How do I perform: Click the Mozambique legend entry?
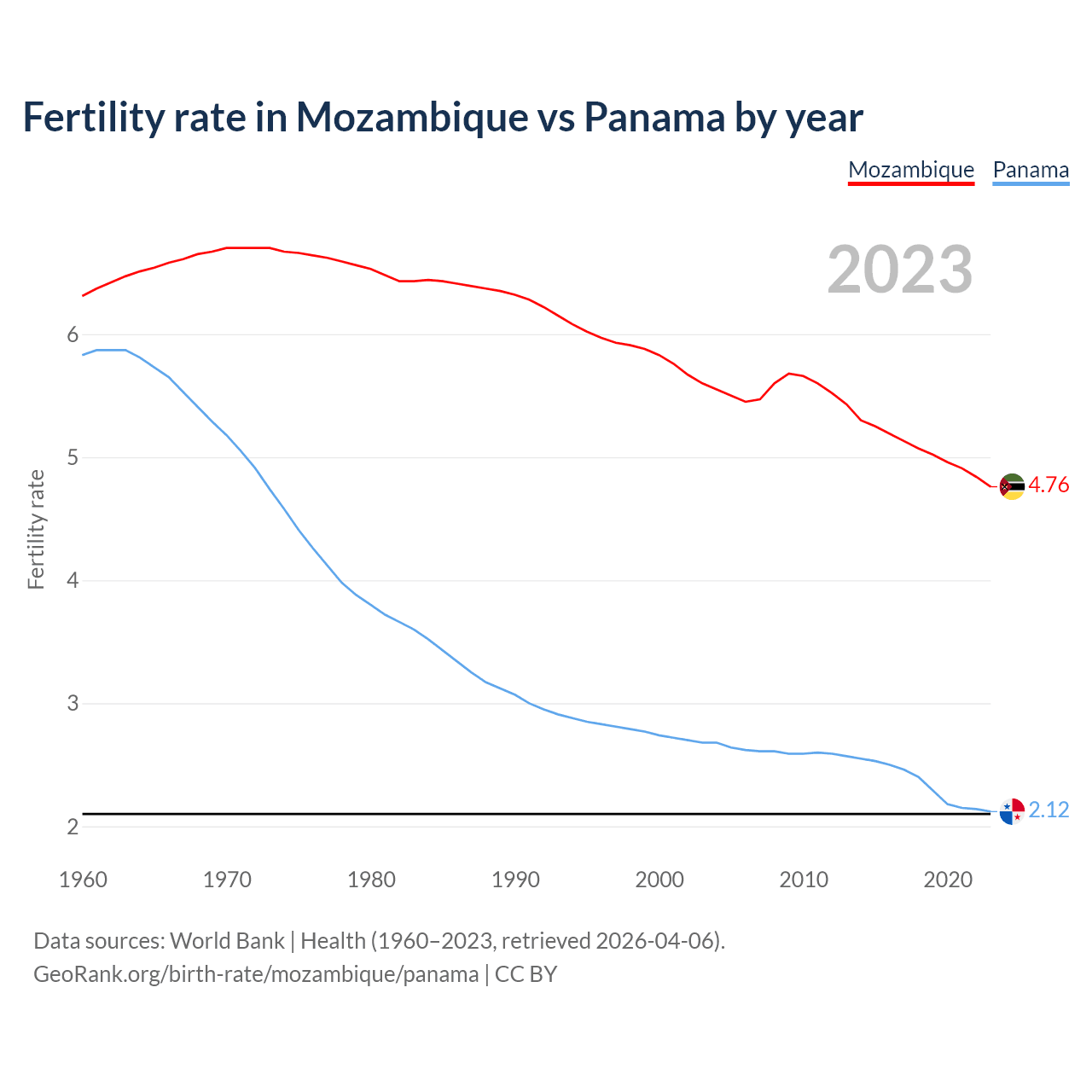911,170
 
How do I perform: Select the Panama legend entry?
1031,170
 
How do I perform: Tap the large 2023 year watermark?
900,270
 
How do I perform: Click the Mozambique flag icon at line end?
1012,486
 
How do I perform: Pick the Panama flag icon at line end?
1012,811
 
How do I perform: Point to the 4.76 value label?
1048,485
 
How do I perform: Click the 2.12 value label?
1048,810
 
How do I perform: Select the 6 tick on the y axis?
73,334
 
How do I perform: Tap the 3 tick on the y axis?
73,704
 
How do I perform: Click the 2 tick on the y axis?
73,827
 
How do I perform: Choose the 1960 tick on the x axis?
83,880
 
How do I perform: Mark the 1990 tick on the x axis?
515,880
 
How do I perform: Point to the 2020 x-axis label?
948,880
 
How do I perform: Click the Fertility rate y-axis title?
36,529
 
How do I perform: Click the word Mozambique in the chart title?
412,117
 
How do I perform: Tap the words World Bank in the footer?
227,941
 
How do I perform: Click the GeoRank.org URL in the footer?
256,974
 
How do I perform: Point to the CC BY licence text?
526,974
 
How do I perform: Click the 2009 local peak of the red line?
789,373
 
